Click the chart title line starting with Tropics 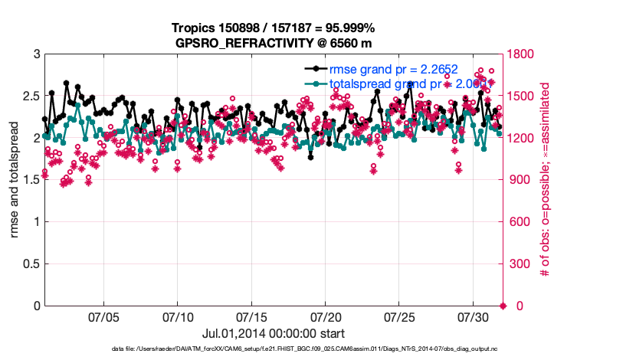tap(273, 28)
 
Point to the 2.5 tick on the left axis tap(30, 97)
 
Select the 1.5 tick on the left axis tap(30, 180)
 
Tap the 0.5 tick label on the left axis tap(30, 264)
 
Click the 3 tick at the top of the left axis tap(35, 54)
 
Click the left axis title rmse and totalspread tap(13, 180)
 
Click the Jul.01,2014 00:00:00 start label tap(273, 333)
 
